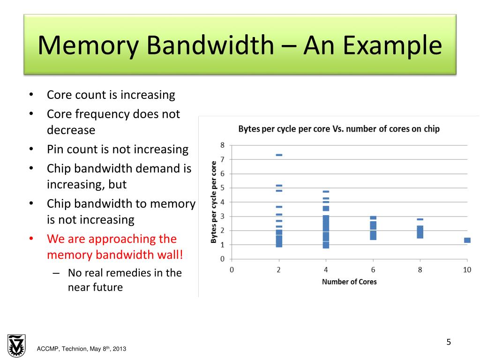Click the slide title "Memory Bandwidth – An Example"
240,45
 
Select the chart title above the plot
339,129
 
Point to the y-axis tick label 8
223,145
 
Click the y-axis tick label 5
223,188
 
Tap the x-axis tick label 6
373,270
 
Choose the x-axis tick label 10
467,270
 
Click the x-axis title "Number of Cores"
349,282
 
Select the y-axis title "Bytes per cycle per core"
214,202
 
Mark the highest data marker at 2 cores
279,155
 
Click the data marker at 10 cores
467,240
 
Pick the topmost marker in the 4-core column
326,191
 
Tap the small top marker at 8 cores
420,219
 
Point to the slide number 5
448,342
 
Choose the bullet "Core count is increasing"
111,95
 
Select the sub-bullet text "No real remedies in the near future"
125,280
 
